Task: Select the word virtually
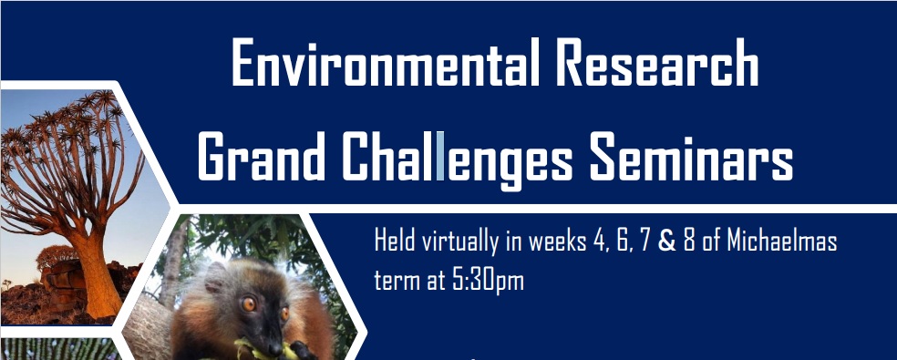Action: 458,244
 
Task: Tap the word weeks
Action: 552,243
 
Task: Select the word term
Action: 396,279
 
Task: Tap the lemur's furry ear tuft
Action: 211,273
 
